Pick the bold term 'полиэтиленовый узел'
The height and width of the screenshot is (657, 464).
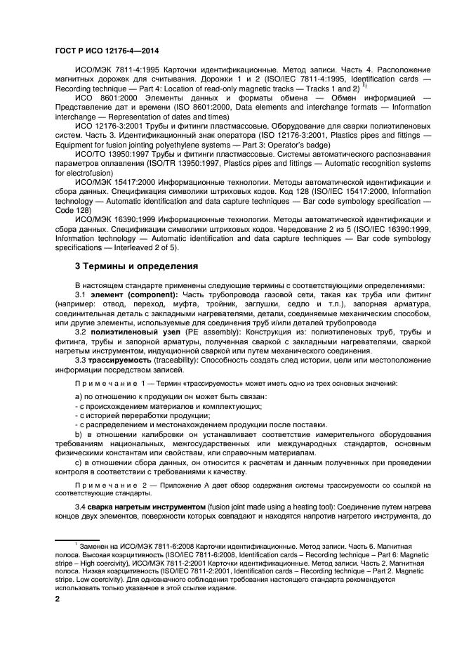(x=133, y=332)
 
